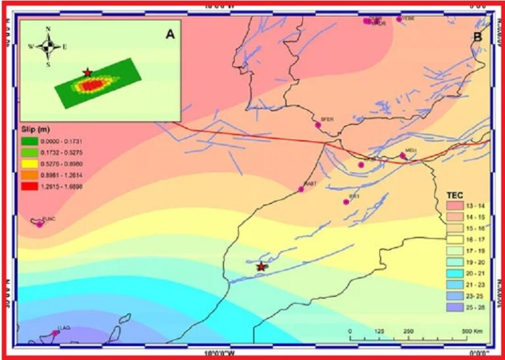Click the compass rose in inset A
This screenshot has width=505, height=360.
tap(48, 45)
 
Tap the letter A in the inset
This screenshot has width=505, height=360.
tap(170, 35)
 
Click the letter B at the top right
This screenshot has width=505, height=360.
tap(477, 37)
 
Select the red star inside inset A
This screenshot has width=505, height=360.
tap(87, 72)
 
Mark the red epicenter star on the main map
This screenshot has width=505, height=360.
tap(262, 267)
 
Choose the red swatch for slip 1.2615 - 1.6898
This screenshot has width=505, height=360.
tap(29, 186)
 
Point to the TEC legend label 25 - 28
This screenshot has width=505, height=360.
tap(476, 307)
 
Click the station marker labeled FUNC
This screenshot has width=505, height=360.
tap(39, 224)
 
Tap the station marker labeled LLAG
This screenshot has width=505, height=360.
tap(56, 333)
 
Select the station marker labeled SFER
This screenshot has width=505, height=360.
tap(318, 125)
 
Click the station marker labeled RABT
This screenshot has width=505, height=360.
tap(301, 190)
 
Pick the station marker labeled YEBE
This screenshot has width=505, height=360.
tap(399, 19)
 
